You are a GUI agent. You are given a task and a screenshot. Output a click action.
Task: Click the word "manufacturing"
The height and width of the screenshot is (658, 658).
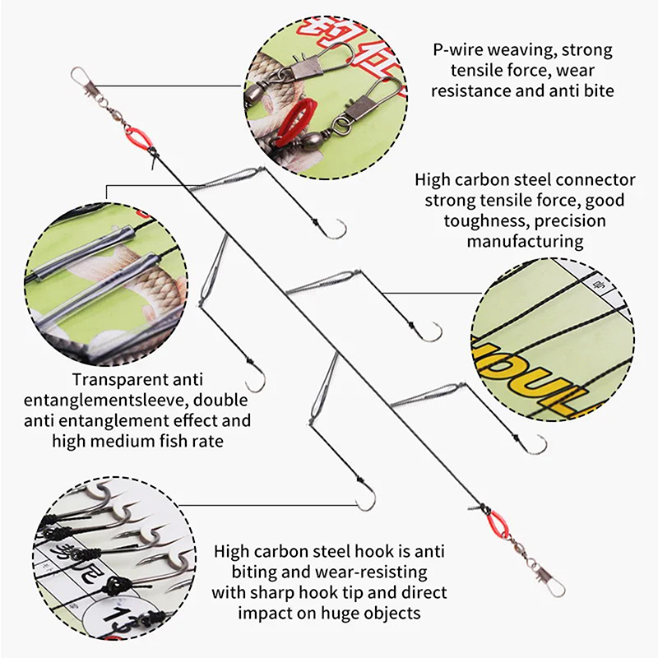[x=525, y=242]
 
